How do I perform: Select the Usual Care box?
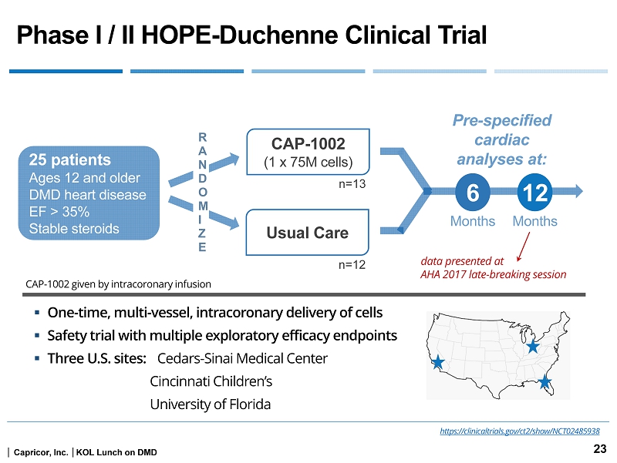(x=308, y=232)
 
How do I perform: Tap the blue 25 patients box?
(x=88, y=193)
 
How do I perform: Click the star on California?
(x=438, y=362)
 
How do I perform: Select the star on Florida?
(x=545, y=381)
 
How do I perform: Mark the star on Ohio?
(x=532, y=347)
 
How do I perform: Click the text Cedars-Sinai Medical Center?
(x=242, y=358)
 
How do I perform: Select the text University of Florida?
(x=210, y=404)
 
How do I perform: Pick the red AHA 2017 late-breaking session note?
(x=494, y=273)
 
